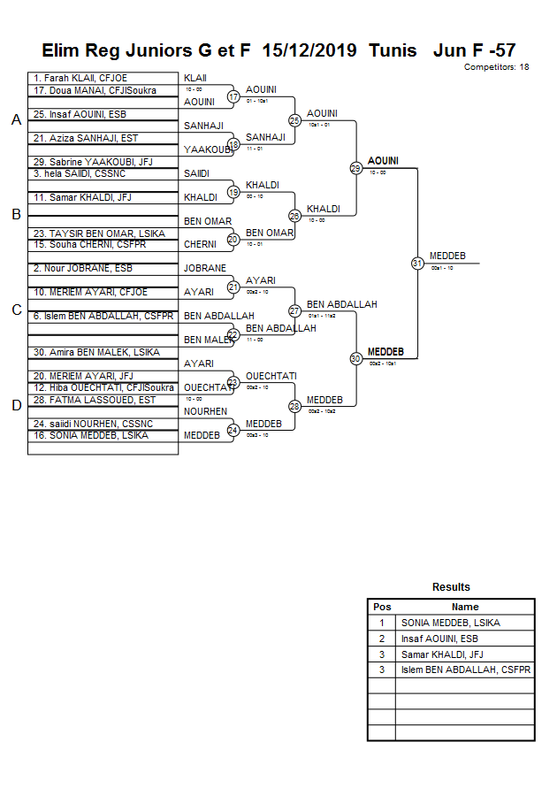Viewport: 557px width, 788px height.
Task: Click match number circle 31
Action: click(417, 263)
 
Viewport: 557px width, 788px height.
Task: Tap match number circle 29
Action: click(355, 168)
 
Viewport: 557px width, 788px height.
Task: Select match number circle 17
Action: click(233, 96)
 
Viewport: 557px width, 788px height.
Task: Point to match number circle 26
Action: click(294, 215)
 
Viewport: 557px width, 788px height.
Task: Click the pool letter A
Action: click(16, 120)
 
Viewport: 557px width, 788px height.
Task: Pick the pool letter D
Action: click(16, 406)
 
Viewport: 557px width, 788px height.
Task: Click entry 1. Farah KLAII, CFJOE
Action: click(80, 79)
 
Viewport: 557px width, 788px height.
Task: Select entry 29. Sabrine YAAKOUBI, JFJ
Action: click(93, 162)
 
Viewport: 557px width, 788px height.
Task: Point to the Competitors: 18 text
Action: click(496, 67)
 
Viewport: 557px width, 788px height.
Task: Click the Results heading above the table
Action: click(451, 587)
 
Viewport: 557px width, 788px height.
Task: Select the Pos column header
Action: click(382, 607)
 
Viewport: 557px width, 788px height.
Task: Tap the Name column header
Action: click(465, 607)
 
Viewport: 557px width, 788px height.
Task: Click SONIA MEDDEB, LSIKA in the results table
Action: click(450, 623)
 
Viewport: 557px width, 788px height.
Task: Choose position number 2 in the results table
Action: click(382, 639)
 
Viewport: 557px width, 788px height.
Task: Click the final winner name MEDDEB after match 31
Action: click(447, 256)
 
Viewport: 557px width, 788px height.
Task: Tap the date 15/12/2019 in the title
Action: click(309, 50)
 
